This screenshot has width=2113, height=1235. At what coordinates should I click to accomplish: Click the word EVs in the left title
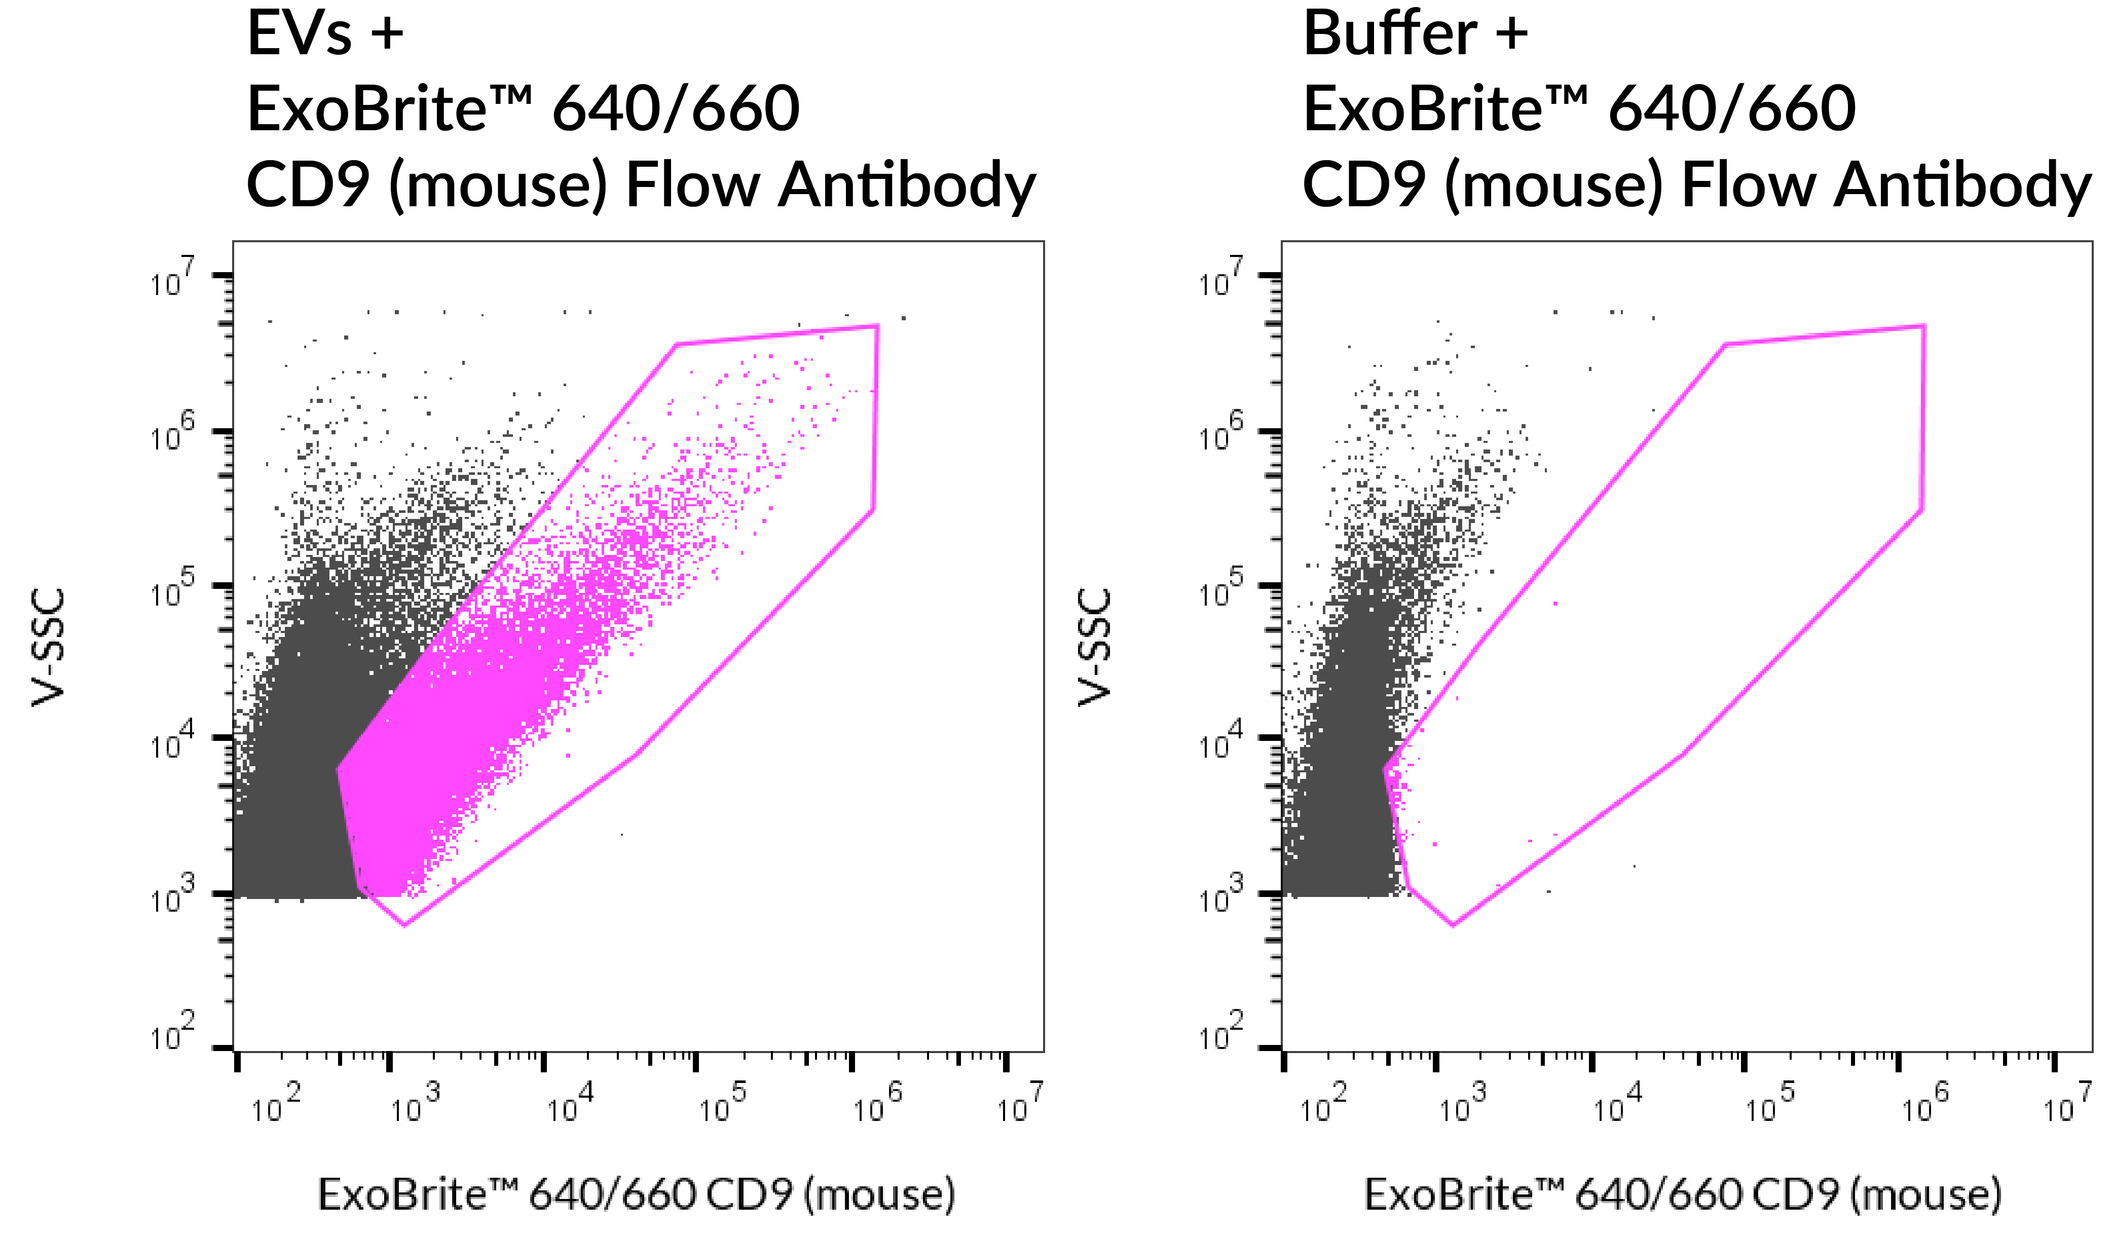(x=300, y=35)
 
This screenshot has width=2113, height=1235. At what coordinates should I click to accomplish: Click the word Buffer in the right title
(x=1389, y=35)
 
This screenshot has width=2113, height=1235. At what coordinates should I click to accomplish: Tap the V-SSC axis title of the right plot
(x=1095, y=647)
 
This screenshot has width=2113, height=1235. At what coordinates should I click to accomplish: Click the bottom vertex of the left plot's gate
(x=405, y=925)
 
